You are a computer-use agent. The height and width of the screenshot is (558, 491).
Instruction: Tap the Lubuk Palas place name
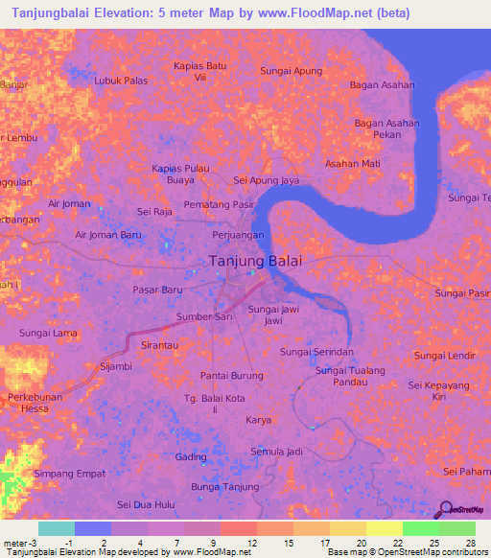coord(121,81)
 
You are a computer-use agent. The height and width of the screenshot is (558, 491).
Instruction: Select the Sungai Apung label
coord(292,71)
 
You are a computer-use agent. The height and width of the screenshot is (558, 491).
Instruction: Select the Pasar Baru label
coord(157,289)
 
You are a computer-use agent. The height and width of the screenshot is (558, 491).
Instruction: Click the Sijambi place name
coord(116,366)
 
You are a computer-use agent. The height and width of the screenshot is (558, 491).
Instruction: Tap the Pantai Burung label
coord(231,375)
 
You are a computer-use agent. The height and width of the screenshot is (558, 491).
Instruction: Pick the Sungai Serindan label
coord(311,352)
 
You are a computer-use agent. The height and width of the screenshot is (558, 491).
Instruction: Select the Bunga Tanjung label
coord(225,487)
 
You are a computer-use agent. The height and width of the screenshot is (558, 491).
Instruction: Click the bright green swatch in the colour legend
coord(420,528)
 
